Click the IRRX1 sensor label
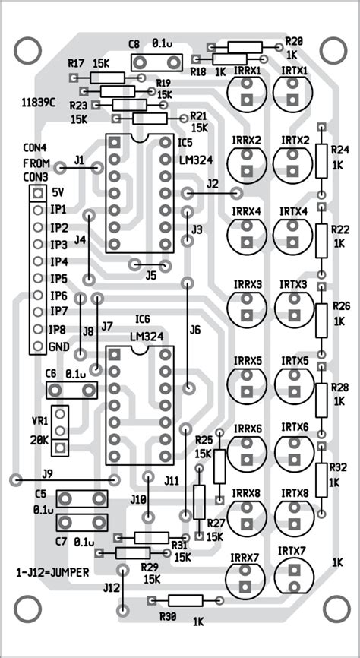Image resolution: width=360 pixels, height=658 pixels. tap(248, 70)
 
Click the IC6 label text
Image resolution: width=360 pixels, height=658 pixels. tap(141, 318)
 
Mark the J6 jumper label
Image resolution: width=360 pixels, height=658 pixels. tap(195, 330)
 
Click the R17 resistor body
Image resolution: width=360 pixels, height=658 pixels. tap(107, 78)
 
